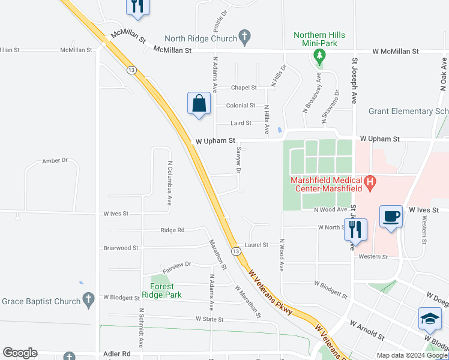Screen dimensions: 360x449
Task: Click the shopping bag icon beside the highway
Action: coord(199,104)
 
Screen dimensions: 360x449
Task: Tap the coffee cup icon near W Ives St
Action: coord(391,216)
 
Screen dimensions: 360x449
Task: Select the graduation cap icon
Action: coord(430,319)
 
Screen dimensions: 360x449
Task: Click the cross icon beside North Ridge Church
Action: coord(244,37)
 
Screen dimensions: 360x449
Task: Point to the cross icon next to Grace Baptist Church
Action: coord(88,299)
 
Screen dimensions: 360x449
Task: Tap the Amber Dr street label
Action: coord(55,161)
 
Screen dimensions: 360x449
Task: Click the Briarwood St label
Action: coord(121,248)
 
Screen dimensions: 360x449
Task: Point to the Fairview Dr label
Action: coord(176,264)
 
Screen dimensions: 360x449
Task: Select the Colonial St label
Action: coord(241,106)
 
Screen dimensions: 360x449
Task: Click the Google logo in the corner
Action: coord(20,353)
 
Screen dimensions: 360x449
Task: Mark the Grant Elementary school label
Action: coord(408,111)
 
